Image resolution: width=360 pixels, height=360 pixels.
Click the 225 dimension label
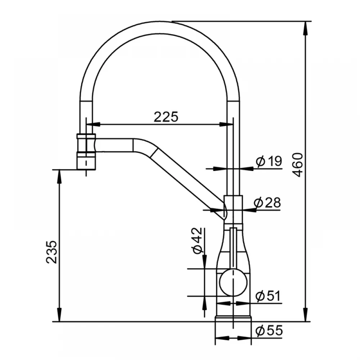coord(166,117)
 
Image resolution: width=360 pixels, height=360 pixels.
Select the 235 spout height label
coord(51,252)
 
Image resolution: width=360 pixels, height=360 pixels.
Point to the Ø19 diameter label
coord(269,161)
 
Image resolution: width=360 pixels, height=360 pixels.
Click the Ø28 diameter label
coord(267,202)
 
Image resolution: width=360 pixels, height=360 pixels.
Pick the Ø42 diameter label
coord(197,240)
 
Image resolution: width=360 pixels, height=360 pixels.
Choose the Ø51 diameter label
coord(268,296)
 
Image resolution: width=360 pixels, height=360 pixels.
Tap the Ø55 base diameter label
coord(269,331)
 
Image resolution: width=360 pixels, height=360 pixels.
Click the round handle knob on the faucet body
coord(233,282)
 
